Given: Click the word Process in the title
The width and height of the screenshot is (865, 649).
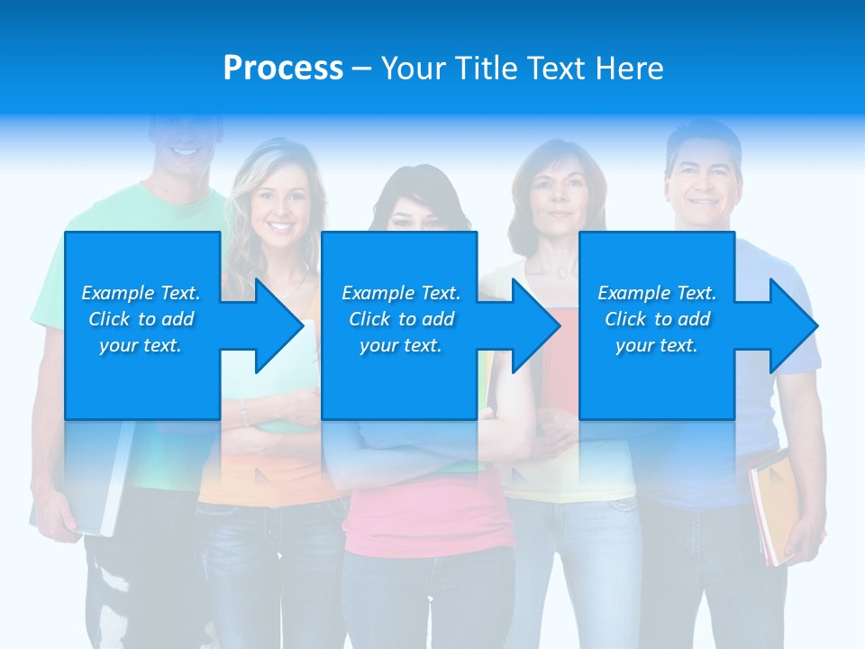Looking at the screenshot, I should point(283,69).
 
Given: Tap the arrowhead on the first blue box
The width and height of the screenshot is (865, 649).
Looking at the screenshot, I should point(276,325).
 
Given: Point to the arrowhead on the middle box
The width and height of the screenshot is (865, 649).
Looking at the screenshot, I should point(533,325).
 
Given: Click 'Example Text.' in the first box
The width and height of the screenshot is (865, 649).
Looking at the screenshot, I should point(141,293).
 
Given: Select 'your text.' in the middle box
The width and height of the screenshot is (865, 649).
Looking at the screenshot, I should point(400,345).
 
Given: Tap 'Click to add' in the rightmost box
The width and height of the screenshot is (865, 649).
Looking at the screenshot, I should point(657,319).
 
